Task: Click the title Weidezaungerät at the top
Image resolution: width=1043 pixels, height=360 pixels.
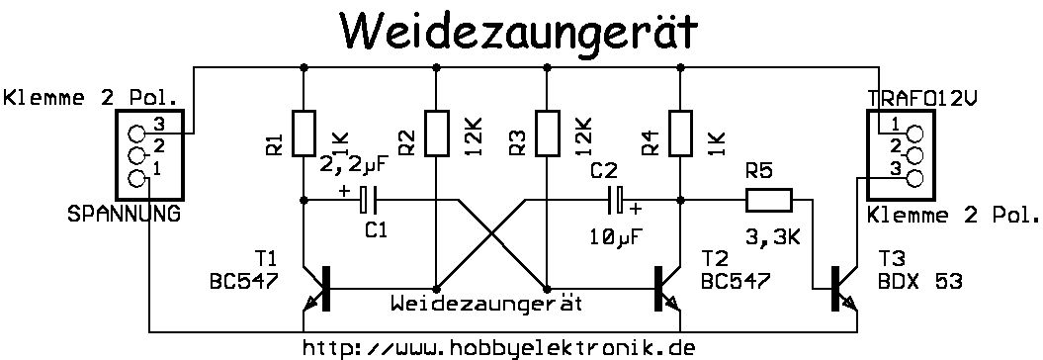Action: (518, 32)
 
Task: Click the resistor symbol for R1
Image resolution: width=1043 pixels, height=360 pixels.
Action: (304, 134)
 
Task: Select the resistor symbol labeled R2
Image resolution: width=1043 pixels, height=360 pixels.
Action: (436, 134)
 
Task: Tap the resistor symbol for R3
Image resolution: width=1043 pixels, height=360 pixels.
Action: (546, 134)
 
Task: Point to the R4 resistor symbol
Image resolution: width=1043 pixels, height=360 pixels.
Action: (680, 134)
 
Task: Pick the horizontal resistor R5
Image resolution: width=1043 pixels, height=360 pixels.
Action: (768, 200)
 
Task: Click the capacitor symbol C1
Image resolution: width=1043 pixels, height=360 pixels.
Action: (368, 200)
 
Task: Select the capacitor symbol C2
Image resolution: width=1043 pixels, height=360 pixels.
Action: (616, 200)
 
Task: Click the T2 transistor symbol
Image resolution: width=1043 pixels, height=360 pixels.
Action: (666, 288)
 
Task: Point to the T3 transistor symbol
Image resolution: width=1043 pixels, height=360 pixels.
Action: (843, 288)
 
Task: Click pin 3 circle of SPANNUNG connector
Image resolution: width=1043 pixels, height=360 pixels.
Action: (136, 135)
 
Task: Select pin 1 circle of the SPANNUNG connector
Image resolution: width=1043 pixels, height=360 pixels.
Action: (136, 178)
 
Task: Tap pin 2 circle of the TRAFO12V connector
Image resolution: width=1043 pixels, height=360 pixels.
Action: (915, 156)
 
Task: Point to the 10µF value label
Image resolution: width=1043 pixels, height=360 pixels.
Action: (617, 236)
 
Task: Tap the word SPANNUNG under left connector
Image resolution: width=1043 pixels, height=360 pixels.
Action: (124, 215)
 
